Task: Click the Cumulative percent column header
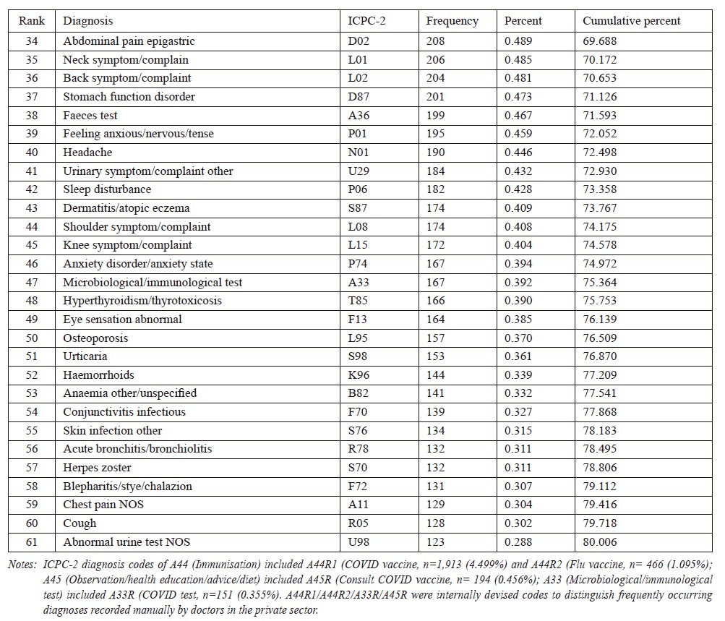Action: coord(631,21)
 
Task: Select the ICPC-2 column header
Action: coord(366,21)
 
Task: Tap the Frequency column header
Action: coord(452,21)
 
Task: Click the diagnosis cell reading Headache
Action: coord(87,152)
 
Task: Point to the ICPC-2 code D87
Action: coord(359,97)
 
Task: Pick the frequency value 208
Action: coord(435,40)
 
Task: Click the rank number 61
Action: coord(31,542)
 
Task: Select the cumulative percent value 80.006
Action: coord(600,542)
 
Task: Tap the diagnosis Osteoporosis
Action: coord(95,338)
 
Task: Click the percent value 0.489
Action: coord(518,40)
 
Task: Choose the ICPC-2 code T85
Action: coord(357,301)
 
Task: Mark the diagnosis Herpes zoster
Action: coord(97,468)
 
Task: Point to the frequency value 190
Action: coord(435,152)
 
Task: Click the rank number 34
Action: coord(31,40)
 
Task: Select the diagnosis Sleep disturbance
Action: coord(107,189)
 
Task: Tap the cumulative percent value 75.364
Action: coord(600,282)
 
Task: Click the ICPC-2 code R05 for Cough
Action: coord(357,523)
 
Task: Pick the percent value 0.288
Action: coord(518,542)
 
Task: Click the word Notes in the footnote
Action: coord(22,565)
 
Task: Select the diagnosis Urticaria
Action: coord(85,356)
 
